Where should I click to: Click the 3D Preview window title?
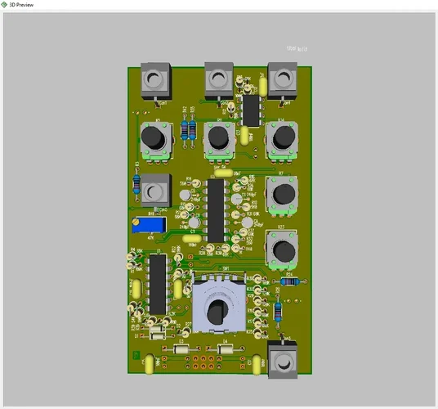(x=22, y=5)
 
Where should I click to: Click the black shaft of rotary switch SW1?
(x=217, y=311)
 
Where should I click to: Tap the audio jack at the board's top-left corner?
(x=154, y=80)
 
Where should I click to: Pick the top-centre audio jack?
(x=217, y=79)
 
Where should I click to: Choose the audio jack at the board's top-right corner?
(x=282, y=79)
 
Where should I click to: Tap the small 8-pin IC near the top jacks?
(x=251, y=110)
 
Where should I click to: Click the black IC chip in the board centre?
(x=217, y=209)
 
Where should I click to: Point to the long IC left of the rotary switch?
(x=157, y=282)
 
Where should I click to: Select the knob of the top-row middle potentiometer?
(x=217, y=137)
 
